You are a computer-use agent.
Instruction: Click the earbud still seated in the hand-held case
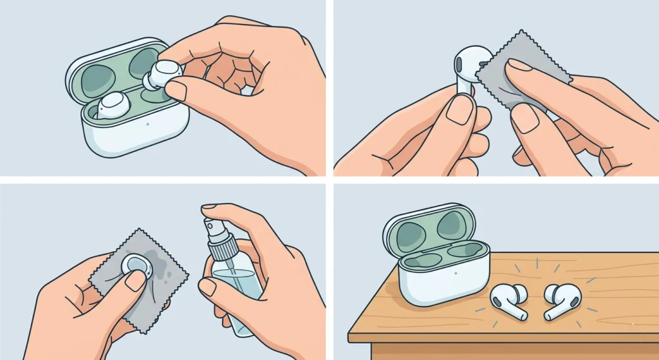click(x=115, y=104)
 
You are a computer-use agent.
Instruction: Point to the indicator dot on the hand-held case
click(x=148, y=124)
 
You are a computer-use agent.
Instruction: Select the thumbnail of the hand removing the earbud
click(x=176, y=91)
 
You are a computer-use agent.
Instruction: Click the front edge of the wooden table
click(x=502, y=338)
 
